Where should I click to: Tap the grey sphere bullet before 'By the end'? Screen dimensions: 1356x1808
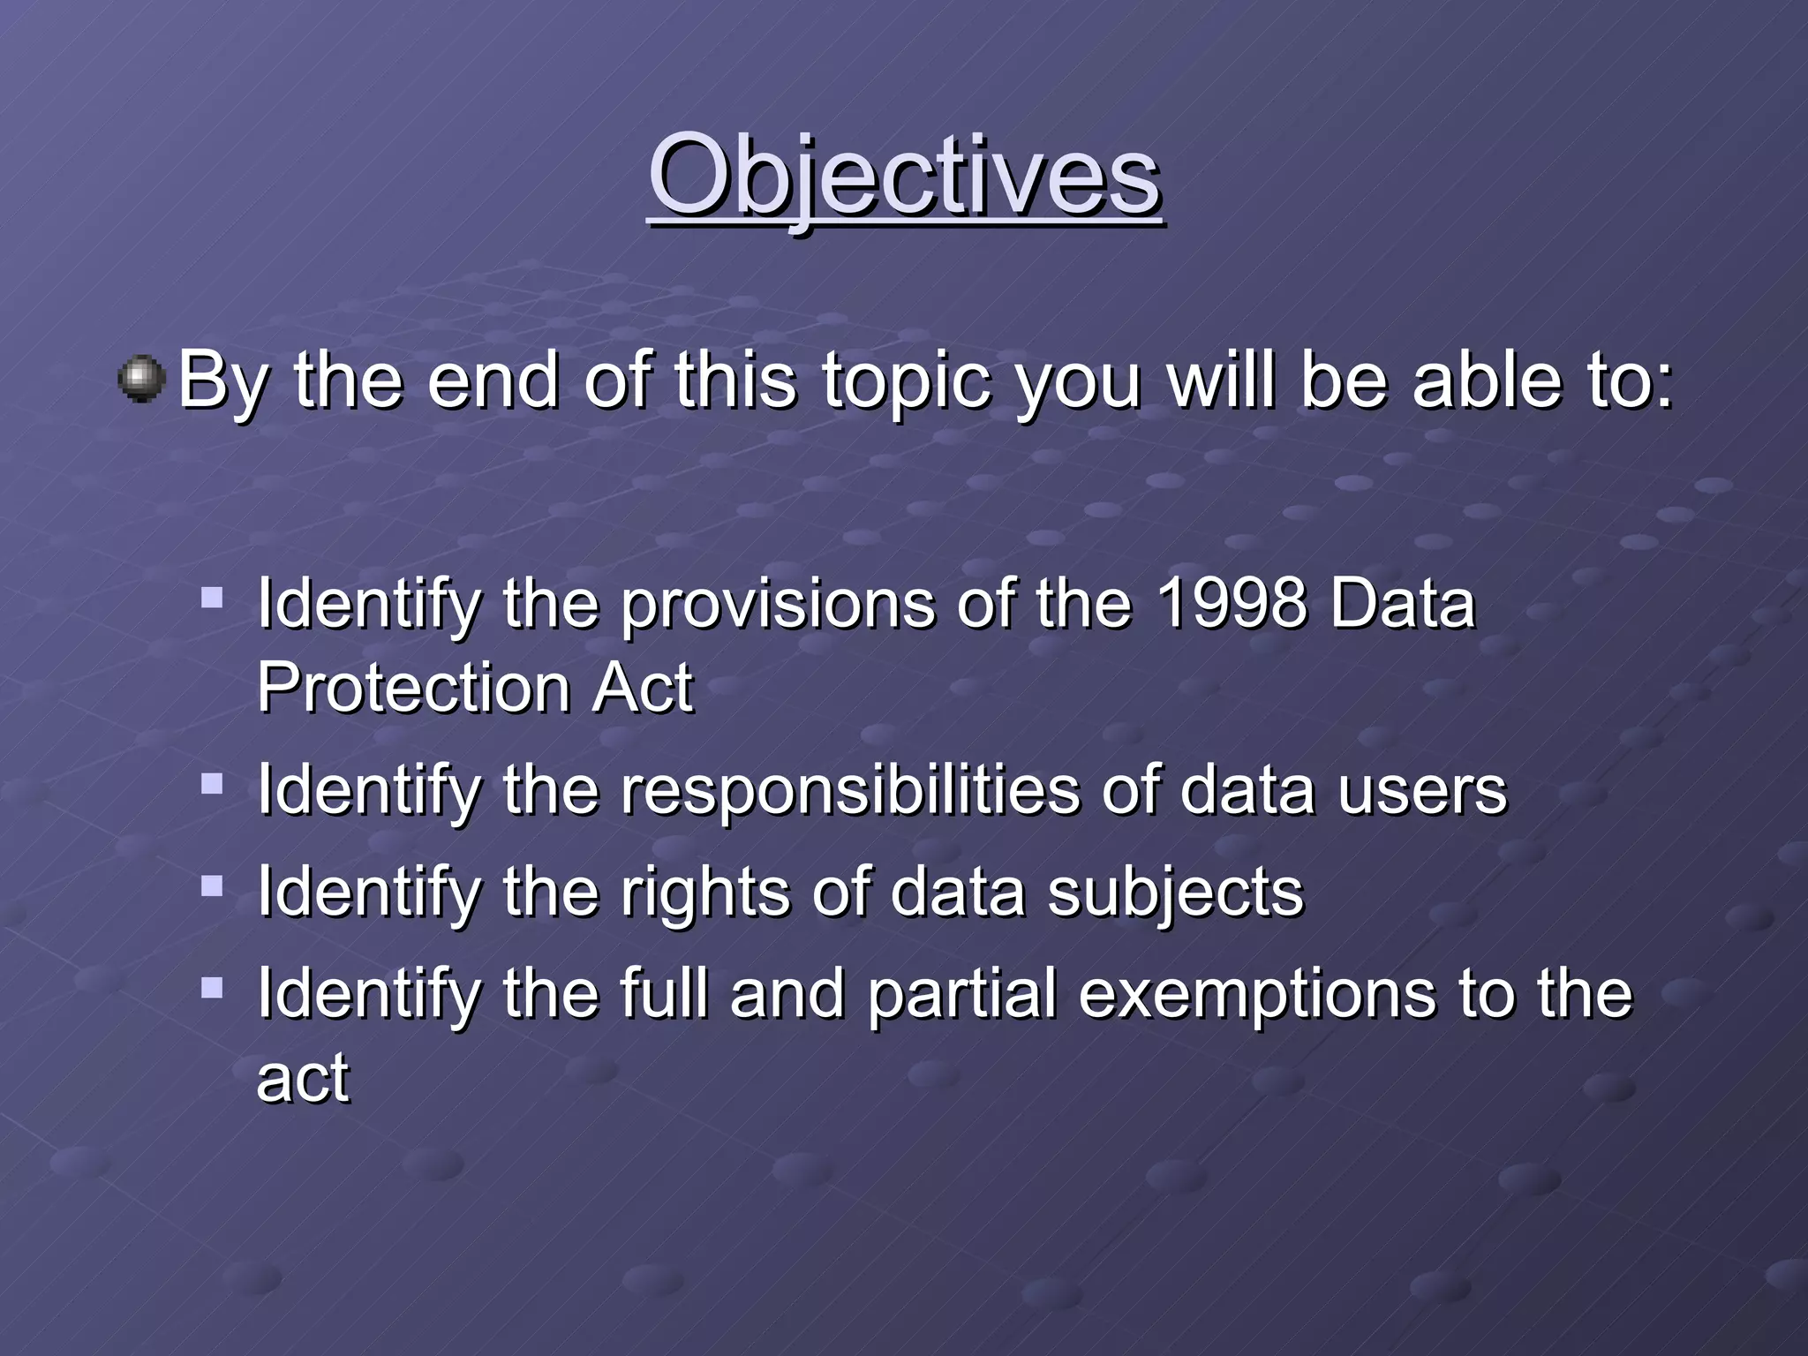pos(141,380)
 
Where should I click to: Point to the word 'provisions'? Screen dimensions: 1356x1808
pos(777,606)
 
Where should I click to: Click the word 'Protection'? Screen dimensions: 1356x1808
pos(412,689)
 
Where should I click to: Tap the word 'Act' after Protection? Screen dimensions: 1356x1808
pos(643,689)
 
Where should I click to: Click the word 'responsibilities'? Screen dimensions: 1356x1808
pos(849,791)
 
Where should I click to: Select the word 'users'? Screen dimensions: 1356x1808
pos(1421,791)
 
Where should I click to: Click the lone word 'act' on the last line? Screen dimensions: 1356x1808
pos(302,1079)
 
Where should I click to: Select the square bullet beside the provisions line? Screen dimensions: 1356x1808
pos(212,599)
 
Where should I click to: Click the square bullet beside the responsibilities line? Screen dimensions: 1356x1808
pos(212,783)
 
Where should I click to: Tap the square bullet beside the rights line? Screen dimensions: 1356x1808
pos(212,885)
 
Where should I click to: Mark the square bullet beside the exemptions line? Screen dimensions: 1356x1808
pos(212,987)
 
